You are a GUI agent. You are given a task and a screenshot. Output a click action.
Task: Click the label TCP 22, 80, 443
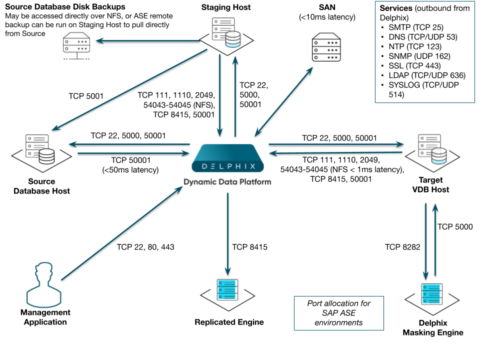(145, 246)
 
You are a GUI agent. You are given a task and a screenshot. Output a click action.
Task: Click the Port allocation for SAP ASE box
(338, 313)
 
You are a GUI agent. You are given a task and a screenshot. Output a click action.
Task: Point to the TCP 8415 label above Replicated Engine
(249, 246)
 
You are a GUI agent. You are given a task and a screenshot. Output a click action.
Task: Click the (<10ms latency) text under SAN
(327, 17)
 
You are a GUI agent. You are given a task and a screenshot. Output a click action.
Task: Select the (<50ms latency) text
(130, 169)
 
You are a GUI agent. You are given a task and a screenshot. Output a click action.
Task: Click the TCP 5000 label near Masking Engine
(455, 226)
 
